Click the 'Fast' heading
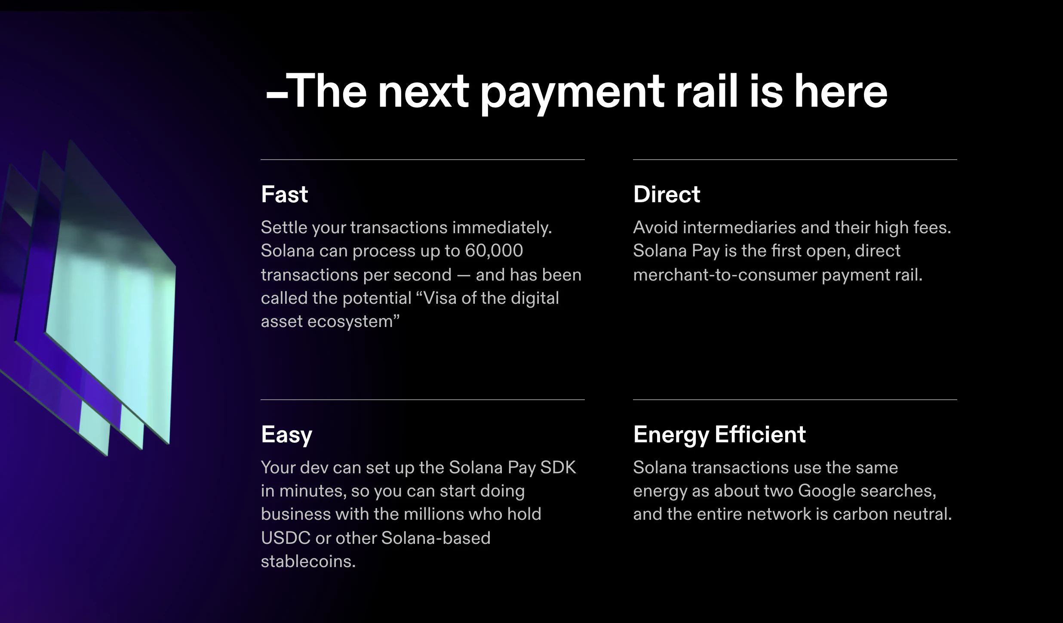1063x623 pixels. pyautogui.click(x=284, y=194)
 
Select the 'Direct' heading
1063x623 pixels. pyautogui.click(x=667, y=194)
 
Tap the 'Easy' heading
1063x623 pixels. pyautogui.click(x=286, y=435)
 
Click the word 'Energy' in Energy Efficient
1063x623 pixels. pyautogui.click(x=671, y=435)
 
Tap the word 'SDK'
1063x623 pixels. pyautogui.click(x=558, y=468)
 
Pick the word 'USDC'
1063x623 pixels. pyautogui.click(x=286, y=538)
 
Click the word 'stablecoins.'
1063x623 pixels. pyautogui.click(x=308, y=561)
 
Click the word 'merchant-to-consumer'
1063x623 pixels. pyautogui.click(x=725, y=275)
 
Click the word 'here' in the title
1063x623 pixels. pyautogui.click(x=841, y=92)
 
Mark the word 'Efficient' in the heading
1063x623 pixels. pyautogui.click(x=760, y=435)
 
